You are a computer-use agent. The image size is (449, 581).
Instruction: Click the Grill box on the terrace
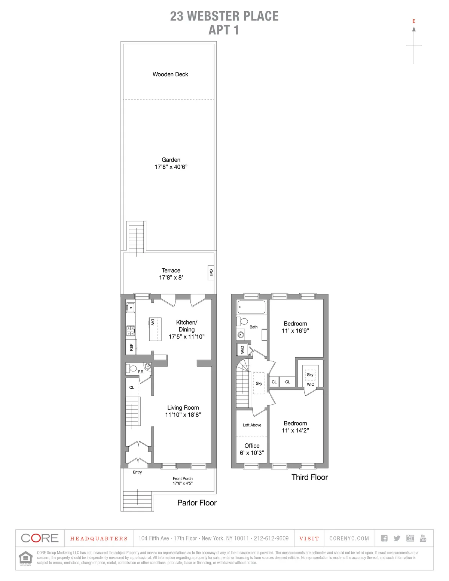(x=211, y=273)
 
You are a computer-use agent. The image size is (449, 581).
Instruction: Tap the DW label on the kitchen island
(x=153, y=322)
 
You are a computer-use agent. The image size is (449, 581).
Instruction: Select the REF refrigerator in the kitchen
(x=131, y=347)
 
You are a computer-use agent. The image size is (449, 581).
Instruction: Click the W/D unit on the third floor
(x=242, y=350)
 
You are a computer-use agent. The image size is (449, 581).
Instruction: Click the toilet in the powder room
(x=132, y=368)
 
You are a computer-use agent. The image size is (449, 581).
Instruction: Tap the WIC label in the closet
(x=311, y=384)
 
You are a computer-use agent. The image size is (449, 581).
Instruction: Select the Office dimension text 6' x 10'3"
(x=252, y=453)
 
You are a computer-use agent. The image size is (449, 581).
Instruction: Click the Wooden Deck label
(x=170, y=74)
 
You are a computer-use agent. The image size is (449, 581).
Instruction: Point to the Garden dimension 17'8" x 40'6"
(x=171, y=167)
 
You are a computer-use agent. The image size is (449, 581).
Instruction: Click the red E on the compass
(x=414, y=21)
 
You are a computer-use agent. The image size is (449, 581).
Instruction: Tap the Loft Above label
(x=252, y=425)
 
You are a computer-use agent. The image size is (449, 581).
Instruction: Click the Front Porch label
(x=183, y=478)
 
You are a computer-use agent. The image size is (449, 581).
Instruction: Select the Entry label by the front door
(x=137, y=472)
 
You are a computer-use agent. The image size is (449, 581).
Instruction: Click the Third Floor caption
(x=309, y=477)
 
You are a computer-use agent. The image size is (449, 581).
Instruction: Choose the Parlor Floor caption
(x=197, y=503)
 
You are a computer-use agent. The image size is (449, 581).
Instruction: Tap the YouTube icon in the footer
(x=423, y=538)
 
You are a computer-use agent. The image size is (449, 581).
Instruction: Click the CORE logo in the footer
(x=40, y=538)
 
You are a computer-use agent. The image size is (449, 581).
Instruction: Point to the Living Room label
(x=183, y=408)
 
